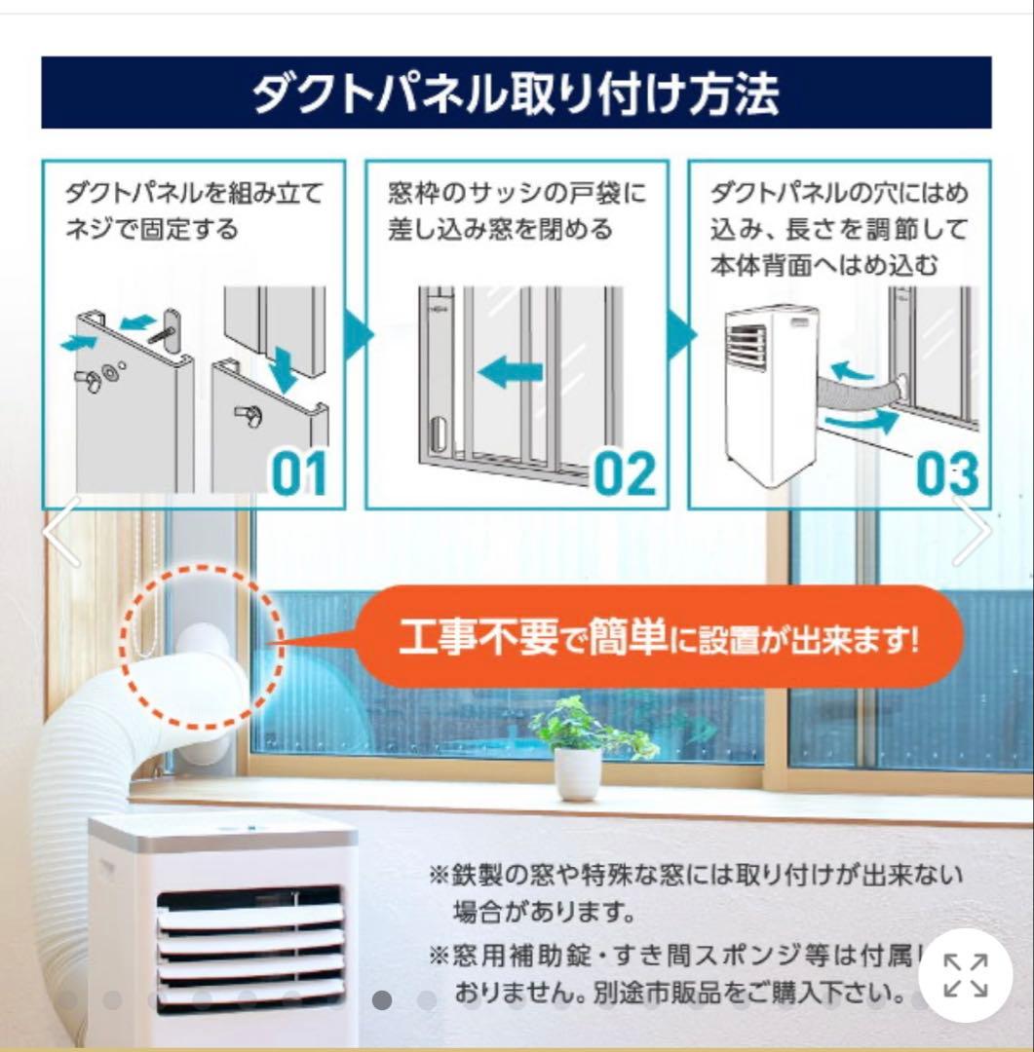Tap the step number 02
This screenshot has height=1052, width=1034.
click(625, 473)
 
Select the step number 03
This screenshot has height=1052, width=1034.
click(946, 473)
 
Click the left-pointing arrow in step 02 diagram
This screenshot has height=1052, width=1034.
click(510, 371)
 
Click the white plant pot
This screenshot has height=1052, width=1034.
click(578, 772)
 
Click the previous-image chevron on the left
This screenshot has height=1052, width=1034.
click(61, 531)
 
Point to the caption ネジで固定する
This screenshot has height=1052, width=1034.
click(151, 230)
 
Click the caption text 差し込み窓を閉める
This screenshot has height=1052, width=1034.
click(500, 230)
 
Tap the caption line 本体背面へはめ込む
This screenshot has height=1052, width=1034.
click(824, 265)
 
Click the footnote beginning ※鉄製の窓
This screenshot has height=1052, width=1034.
click(695, 872)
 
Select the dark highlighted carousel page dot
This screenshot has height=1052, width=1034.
click(382, 1000)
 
